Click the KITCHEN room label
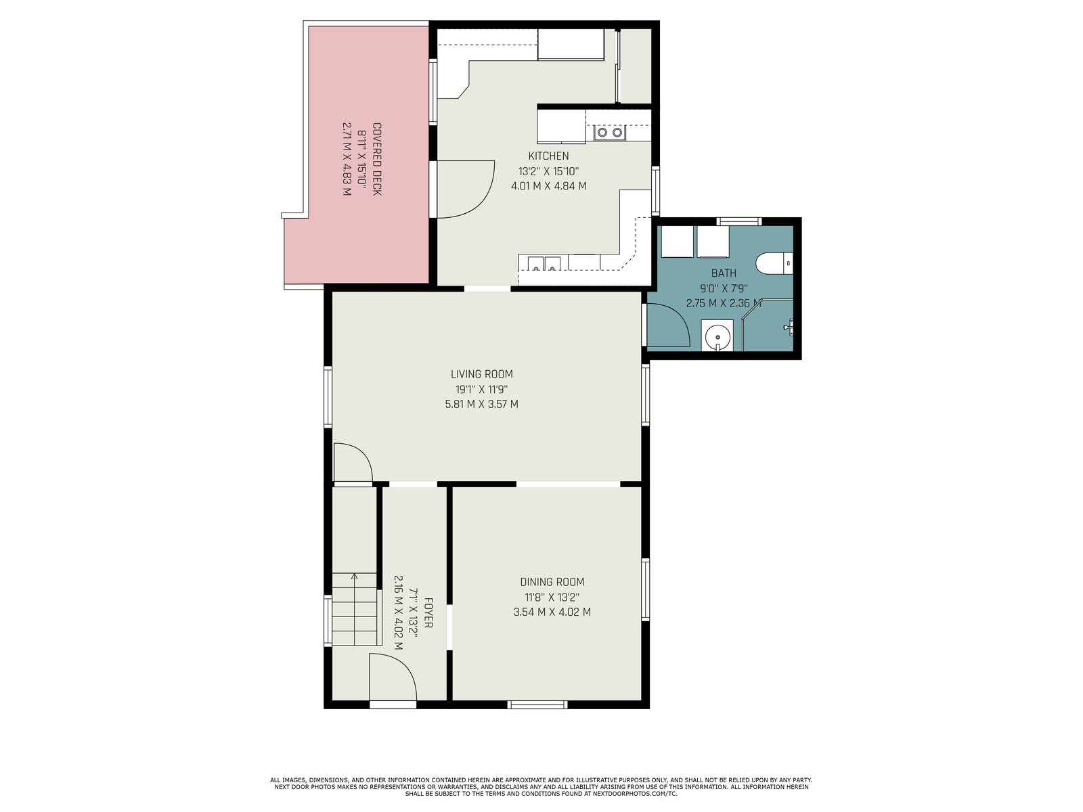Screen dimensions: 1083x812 pos(548,156)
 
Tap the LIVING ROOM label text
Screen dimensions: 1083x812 pos(481,374)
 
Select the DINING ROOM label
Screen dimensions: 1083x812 pos(552,582)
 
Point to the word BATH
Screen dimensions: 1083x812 pos(724,273)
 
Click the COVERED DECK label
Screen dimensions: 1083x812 pos(377,159)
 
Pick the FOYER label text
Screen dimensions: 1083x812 pos(428,613)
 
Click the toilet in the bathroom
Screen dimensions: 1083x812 pos(774,263)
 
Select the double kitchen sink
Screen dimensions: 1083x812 pos(544,264)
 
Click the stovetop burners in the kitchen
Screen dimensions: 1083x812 pos(610,132)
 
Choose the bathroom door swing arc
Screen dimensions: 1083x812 pos(668,325)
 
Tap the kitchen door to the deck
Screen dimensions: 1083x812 pos(466,189)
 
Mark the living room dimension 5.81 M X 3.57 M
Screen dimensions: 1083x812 pos(481,404)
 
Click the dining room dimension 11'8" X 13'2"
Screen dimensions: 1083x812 pos(552,597)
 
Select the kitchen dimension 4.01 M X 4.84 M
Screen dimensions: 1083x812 pos(549,186)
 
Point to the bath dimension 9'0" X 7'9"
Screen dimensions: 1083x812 pos(724,288)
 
